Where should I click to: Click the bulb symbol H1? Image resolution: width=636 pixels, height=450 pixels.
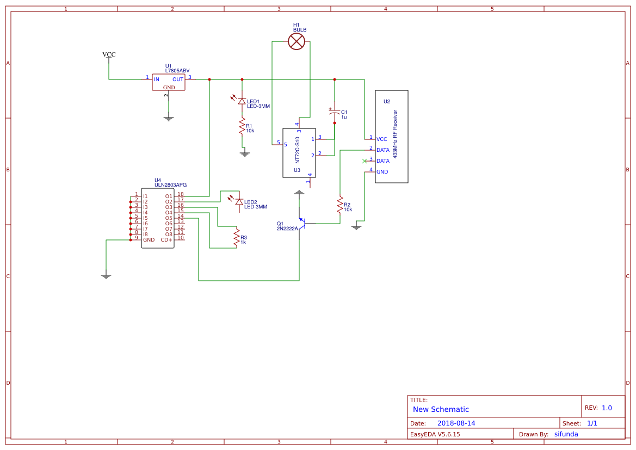[x=296, y=41]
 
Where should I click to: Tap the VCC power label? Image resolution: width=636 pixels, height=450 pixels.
[x=109, y=54]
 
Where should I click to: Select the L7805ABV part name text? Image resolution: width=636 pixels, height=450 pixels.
[x=177, y=71]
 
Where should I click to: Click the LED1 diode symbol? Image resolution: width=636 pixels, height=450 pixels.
[x=242, y=101]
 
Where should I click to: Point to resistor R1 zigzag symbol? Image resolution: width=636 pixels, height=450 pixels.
[x=242, y=127]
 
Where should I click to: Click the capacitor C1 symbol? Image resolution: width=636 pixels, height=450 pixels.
[x=335, y=113]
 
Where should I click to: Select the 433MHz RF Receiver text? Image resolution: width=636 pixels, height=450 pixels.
[x=395, y=134]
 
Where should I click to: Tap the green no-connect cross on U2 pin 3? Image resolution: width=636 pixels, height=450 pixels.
[x=365, y=161]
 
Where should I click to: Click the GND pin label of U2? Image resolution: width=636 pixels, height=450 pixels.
[x=382, y=171]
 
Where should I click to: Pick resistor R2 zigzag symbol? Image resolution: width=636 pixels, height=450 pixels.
[x=340, y=206]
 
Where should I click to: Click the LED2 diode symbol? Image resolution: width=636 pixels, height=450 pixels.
[x=238, y=202]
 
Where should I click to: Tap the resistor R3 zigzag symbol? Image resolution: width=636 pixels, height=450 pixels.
[x=237, y=238]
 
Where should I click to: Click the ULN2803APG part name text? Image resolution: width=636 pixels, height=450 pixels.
[x=171, y=185]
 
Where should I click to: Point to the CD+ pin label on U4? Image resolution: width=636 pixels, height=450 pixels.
[x=166, y=239]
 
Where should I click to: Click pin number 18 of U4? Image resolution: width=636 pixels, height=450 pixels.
[x=181, y=194]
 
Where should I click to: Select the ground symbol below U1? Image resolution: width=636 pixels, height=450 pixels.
[x=169, y=118]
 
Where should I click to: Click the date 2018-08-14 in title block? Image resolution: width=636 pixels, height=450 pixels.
[x=456, y=423]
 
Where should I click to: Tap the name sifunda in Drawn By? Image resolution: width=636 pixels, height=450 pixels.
[x=566, y=434]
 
